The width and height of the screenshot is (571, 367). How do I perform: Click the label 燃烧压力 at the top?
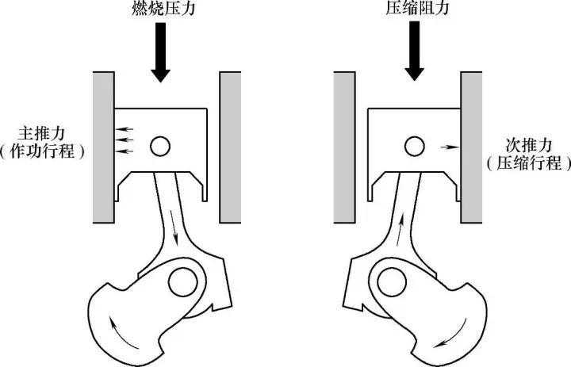coord(163,8)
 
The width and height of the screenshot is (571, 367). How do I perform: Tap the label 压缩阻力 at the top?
coord(417,8)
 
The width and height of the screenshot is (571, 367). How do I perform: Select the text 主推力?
coord(41,134)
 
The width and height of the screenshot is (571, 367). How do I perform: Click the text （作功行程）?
coord(42,151)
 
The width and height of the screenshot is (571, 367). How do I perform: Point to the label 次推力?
coord(529,146)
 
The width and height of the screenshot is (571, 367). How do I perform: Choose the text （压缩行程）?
coord(529,163)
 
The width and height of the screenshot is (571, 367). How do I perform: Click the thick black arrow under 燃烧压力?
coord(160,52)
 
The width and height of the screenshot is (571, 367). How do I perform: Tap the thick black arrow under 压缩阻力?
coord(415,51)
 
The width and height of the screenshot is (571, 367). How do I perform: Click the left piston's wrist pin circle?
coord(160,147)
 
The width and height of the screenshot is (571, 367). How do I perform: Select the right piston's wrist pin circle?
coord(415,147)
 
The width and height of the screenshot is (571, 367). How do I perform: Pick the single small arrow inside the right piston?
coord(450,147)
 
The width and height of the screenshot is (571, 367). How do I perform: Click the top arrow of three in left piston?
coord(125,129)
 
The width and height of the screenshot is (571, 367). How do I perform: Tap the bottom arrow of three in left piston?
coord(125,151)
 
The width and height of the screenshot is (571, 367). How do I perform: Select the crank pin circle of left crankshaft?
coord(183,282)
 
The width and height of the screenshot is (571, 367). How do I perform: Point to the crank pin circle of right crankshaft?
coord(392,282)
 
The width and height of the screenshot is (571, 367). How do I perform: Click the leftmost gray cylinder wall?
coord(103,147)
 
